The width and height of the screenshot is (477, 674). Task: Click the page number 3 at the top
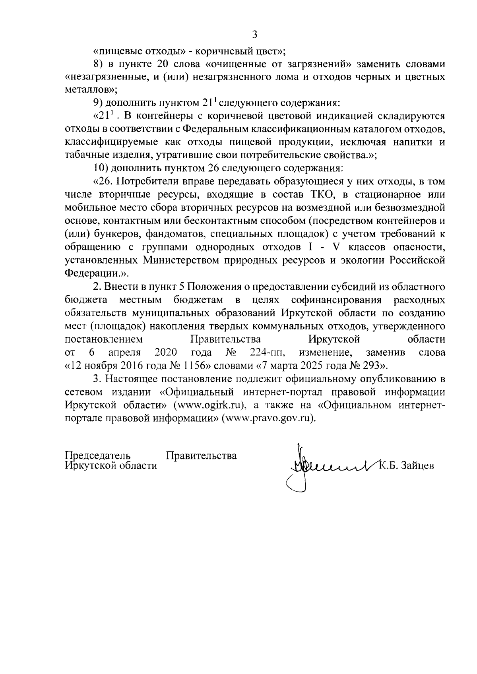255,35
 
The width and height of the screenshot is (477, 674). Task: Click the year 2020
166,352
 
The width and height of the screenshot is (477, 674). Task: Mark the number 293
373,365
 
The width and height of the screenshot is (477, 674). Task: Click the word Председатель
98,455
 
